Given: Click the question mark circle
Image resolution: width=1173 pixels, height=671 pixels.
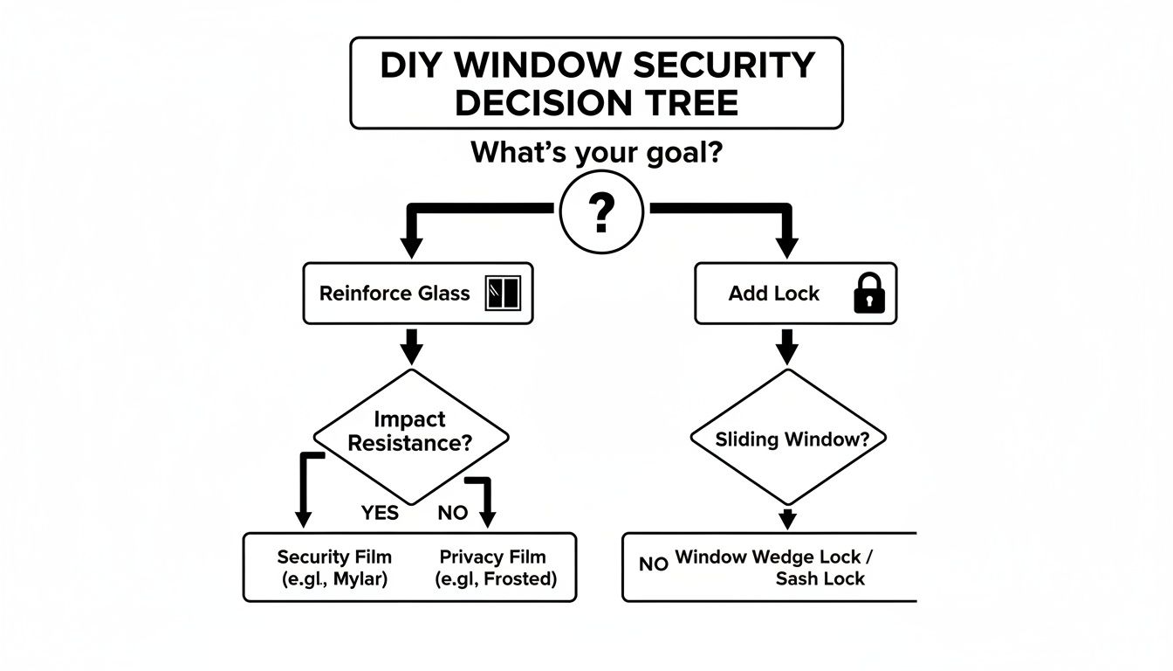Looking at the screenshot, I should coord(600,211).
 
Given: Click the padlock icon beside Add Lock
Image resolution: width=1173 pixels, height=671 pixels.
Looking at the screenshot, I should coord(868,294).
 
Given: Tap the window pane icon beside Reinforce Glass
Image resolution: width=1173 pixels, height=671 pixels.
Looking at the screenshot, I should coord(503,294).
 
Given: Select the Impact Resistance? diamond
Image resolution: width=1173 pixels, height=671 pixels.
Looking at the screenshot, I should coord(410,432).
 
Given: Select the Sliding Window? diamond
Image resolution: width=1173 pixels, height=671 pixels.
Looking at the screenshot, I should coord(787,438).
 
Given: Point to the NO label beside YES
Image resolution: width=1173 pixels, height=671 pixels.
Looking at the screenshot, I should coord(452,513).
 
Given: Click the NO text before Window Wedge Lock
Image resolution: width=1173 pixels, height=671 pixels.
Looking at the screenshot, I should coord(653,564).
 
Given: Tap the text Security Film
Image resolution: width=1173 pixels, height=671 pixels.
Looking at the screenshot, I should coord(334,557).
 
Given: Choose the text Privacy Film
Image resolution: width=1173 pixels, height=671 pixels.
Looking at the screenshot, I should coord(492,557).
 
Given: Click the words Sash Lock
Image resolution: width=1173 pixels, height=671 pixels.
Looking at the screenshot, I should coord(820,578).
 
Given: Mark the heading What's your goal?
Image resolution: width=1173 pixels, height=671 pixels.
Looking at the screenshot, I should coord(597,153).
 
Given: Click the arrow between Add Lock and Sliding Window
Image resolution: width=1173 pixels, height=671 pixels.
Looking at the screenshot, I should coord(787,348).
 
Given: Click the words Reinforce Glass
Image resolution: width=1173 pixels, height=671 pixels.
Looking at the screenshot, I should coord(394,294).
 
